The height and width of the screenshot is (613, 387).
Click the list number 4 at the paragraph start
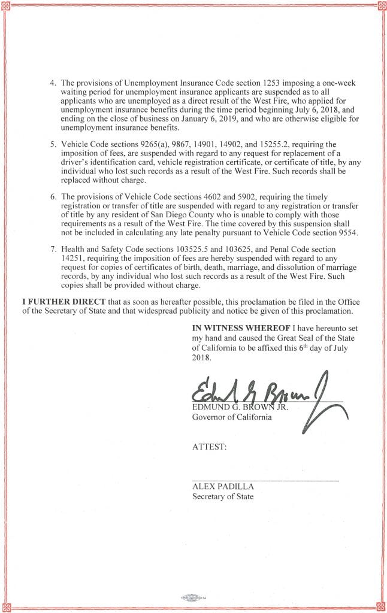(52, 82)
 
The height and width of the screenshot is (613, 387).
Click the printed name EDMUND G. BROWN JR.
(240, 408)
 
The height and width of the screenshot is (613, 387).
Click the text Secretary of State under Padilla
(222, 496)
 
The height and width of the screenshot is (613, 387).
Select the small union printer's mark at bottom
(193, 597)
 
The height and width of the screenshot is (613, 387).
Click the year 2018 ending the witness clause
(202, 357)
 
